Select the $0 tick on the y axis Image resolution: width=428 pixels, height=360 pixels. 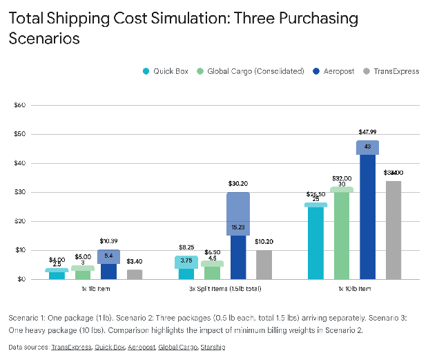tap(21, 279)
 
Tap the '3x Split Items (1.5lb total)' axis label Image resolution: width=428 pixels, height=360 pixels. tap(226, 288)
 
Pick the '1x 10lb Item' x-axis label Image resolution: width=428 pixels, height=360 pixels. tap(354, 288)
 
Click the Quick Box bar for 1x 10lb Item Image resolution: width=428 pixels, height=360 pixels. tap(315, 242)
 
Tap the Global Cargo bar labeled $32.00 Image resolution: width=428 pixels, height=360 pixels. tap(342, 235)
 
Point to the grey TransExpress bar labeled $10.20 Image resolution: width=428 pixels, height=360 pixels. tap(264, 265)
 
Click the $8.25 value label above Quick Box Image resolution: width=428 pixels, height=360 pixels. tap(186, 247)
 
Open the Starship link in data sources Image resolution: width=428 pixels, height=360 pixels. tap(213, 347)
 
